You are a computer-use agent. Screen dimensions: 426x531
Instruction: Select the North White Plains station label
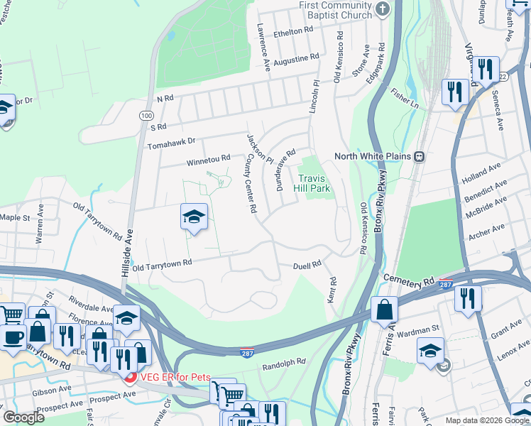374,156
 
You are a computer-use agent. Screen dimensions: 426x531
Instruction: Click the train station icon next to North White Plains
420,156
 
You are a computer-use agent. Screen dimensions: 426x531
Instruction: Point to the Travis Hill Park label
315,184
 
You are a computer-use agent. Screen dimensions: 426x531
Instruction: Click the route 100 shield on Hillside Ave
146,115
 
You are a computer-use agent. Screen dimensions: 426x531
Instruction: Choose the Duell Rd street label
307,265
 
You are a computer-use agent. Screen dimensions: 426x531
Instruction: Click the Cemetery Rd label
409,283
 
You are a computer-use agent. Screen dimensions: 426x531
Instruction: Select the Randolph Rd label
283,367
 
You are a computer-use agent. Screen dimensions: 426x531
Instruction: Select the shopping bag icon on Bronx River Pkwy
384,309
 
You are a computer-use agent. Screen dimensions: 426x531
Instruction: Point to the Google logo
23,418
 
